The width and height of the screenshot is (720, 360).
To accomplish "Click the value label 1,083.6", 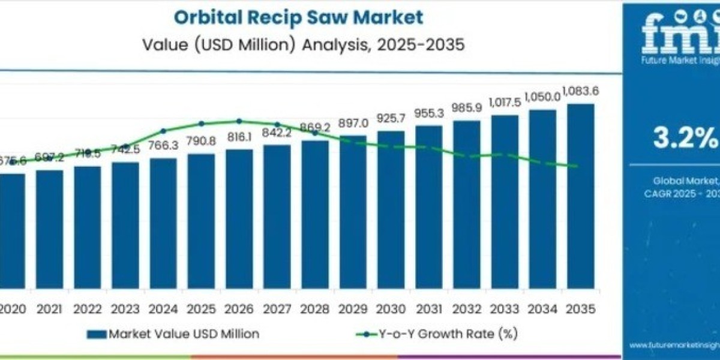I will pyautogui.click(x=580, y=92).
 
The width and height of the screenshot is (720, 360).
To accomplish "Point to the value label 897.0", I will pyautogui.click(x=353, y=123).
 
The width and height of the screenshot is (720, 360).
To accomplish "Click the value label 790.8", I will pyautogui.click(x=201, y=143).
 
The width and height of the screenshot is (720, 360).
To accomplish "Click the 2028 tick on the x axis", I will pyautogui.click(x=314, y=309).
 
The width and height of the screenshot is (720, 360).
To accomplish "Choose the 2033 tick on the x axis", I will pyautogui.click(x=505, y=309).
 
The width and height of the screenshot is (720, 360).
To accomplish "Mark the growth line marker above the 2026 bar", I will pyautogui.click(x=239, y=121).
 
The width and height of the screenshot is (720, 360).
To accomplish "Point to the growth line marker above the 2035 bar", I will pyautogui.click(x=577, y=166).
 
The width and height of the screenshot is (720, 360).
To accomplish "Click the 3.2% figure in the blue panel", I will pyautogui.click(x=685, y=139).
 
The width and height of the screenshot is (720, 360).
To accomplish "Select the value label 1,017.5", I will pyautogui.click(x=505, y=102).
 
